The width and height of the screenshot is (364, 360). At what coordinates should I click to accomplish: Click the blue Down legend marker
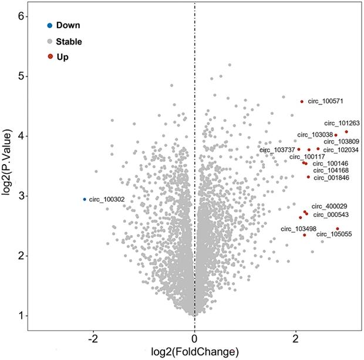(50, 25)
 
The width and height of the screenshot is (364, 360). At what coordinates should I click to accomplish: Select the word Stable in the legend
(69, 42)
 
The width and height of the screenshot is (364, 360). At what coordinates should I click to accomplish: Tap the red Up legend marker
(50, 57)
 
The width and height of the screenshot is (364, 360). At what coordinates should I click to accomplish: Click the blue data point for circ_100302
(85, 199)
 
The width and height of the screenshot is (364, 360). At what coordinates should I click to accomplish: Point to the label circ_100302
(107, 199)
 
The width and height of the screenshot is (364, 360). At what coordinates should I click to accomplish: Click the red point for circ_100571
(302, 101)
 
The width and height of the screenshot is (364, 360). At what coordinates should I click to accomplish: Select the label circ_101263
(342, 124)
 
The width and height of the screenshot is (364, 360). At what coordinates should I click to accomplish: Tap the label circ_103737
(277, 150)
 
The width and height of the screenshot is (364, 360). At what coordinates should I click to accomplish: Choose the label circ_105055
(334, 235)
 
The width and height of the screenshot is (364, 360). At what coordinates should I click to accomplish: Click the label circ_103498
(298, 229)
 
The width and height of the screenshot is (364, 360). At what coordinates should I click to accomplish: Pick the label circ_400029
(329, 206)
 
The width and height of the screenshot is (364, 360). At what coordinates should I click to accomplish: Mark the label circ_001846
(332, 177)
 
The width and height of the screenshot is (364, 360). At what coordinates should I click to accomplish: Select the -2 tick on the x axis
(93, 338)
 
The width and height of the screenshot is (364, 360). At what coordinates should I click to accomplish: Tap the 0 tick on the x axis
(194, 338)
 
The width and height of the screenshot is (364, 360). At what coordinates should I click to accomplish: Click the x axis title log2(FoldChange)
(194, 352)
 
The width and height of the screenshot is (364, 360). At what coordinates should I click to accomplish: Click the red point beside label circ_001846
(308, 176)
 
